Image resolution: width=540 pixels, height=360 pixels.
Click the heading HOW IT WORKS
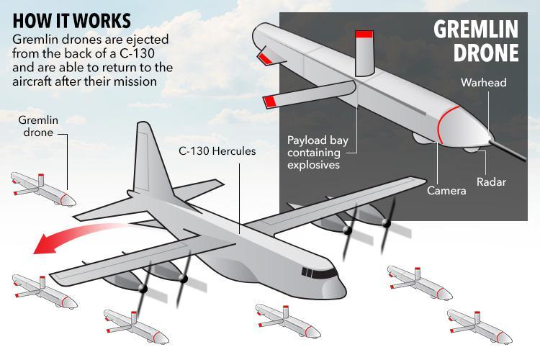click(72, 19)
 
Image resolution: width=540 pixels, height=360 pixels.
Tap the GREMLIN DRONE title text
click(475, 42)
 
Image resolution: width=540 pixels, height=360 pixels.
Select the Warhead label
click(483, 83)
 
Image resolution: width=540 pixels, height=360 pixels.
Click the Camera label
click(446, 191)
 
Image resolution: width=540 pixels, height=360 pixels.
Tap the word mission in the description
click(132, 82)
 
